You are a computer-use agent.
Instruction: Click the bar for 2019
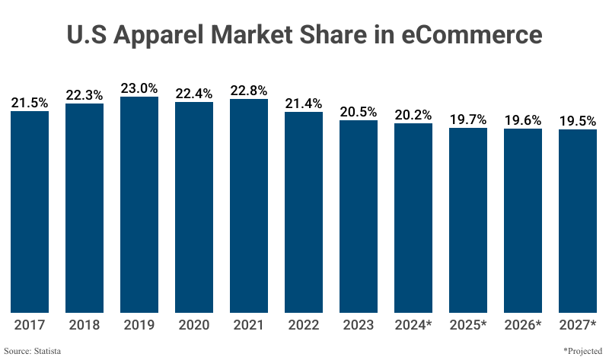click(x=139, y=205)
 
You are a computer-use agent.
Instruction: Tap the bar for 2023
click(x=359, y=216)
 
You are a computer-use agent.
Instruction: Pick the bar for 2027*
click(x=578, y=221)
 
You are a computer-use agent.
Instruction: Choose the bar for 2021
click(x=249, y=205)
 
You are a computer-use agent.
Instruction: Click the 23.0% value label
click(x=139, y=88)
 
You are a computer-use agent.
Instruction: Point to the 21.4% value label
click(x=304, y=104)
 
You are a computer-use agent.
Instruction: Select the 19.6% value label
click(x=523, y=120)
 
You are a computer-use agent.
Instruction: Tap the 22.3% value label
click(x=84, y=95)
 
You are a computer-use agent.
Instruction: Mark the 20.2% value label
click(x=413, y=115)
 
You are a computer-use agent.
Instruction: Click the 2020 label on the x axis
click(x=194, y=325)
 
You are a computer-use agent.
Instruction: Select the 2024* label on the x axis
click(x=413, y=325)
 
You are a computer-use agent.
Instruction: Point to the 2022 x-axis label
click(x=304, y=325)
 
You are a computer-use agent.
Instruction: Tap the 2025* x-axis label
click(x=468, y=325)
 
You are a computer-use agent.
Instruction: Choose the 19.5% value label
click(x=578, y=121)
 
